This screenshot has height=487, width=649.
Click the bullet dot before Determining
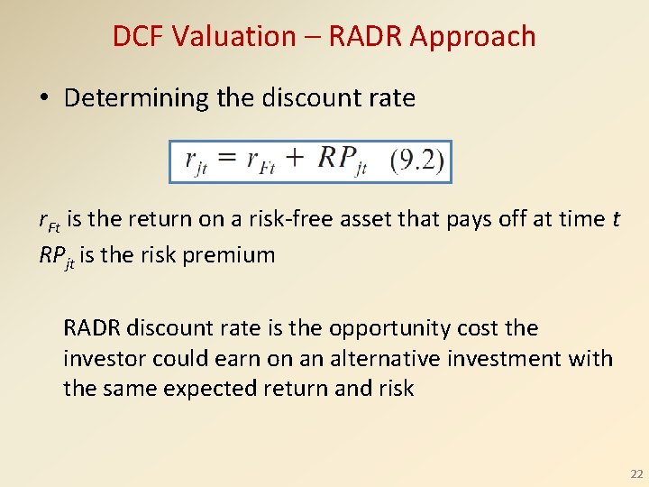pos(46,98)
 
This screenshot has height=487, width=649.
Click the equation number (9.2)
pos(417,162)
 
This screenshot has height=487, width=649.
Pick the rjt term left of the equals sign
pos(197,161)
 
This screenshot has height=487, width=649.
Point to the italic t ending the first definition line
pos(616,219)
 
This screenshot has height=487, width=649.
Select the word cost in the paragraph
pos(474,328)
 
